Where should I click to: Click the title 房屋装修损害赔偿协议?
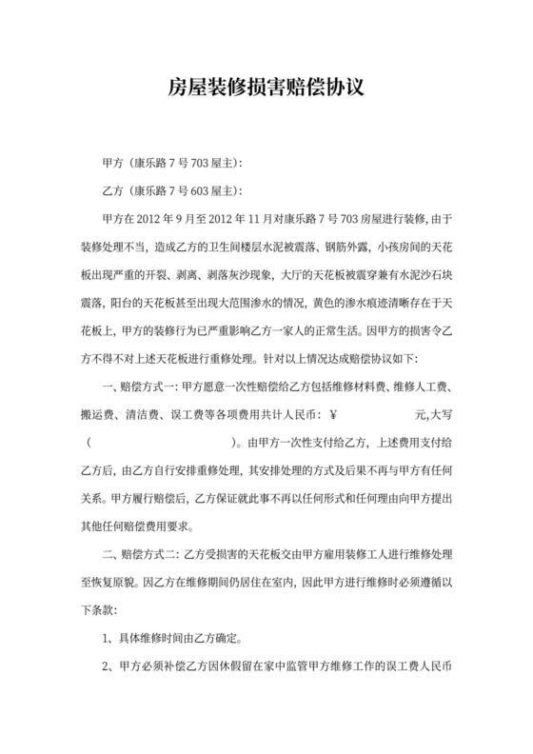click(266, 89)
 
